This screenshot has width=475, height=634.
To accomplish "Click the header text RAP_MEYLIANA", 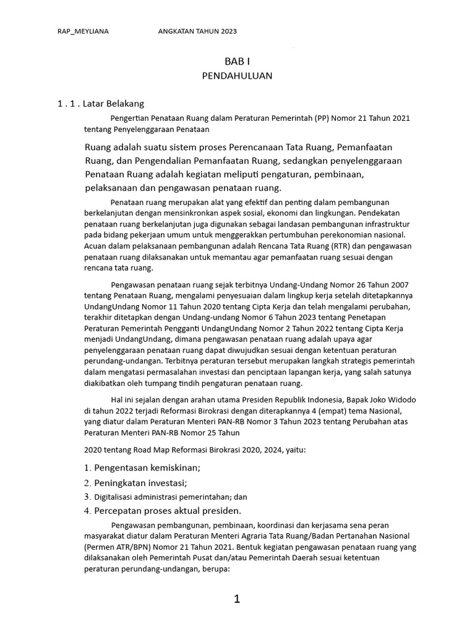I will [x=83, y=32].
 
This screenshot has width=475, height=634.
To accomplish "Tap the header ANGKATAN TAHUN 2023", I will [x=198, y=32].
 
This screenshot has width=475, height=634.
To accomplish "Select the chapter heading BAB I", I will [x=237, y=61].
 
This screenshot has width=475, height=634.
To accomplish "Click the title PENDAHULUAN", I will [x=237, y=76].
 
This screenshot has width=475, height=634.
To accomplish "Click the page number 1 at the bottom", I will [x=237, y=599].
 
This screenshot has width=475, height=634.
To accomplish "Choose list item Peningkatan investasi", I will [x=140, y=482].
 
